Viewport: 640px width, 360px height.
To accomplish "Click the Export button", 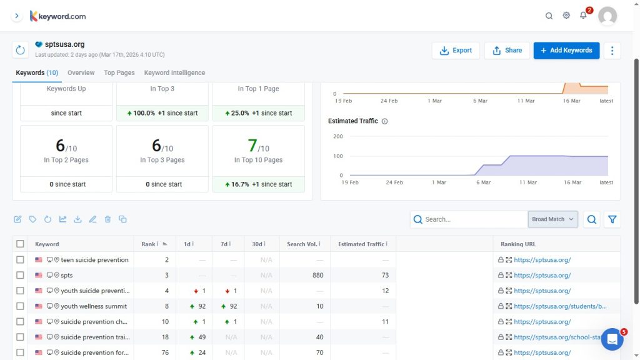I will tap(456, 51).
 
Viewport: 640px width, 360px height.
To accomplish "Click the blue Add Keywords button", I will tap(566, 51).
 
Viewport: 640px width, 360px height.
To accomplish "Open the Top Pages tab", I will tap(119, 73).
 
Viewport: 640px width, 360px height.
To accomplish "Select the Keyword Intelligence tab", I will tap(174, 73).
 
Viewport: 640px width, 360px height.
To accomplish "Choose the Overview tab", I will tap(81, 73).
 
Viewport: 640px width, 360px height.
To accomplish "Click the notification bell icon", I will tap(583, 16).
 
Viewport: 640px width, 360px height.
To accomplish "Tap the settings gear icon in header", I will tap(566, 16).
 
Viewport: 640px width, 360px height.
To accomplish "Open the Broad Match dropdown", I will tap(552, 219).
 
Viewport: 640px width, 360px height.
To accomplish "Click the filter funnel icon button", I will tap(612, 219).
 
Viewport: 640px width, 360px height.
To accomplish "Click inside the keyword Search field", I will tap(474, 219).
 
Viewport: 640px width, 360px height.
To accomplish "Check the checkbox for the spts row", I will tap(21, 276).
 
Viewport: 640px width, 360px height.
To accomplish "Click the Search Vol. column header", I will tap(303, 244).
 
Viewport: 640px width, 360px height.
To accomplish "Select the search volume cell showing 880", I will tap(317, 276).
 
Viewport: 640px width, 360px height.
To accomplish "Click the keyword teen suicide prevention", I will tap(94, 260).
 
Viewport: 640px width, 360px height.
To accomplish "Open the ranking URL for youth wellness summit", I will tap(560, 306).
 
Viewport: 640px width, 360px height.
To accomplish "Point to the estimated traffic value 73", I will tap(385, 276).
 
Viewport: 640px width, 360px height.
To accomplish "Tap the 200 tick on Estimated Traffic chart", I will tap(338, 136).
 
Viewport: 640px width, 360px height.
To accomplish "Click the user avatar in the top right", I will tap(607, 16).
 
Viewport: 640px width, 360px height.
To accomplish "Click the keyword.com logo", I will tap(58, 16).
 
